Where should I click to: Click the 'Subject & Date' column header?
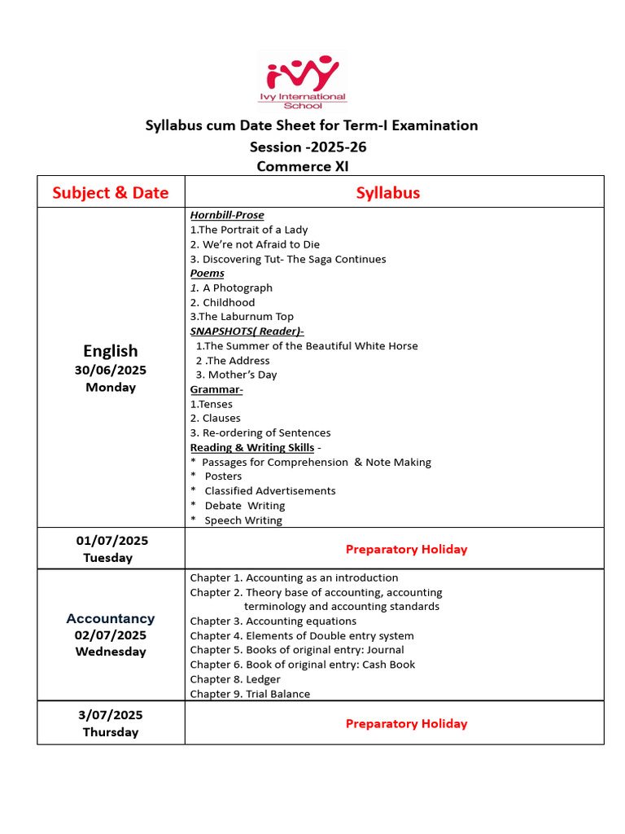click(x=111, y=192)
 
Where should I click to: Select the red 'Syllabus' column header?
click(x=388, y=192)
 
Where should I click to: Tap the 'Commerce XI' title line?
click(x=303, y=166)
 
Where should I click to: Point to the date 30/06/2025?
click(x=111, y=370)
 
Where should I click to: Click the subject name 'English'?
click(x=111, y=350)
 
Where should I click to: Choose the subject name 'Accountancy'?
click(x=111, y=618)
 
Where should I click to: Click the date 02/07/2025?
click(x=111, y=635)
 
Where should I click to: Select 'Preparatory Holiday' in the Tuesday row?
click(x=406, y=549)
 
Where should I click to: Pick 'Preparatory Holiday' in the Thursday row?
click(x=406, y=723)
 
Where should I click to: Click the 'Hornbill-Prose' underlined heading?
click(x=227, y=215)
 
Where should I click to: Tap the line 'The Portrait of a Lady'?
click(x=249, y=230)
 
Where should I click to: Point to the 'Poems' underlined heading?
click(x=207, y=273)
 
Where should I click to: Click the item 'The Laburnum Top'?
click(x=242, y=317)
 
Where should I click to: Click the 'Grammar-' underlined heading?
click(x=216, y=389)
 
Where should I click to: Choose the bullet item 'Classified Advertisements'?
click(x=269, y=491)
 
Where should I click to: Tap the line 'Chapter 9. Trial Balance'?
click(x=250, y=694)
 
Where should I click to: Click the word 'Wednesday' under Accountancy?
click(x=111, y=652)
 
